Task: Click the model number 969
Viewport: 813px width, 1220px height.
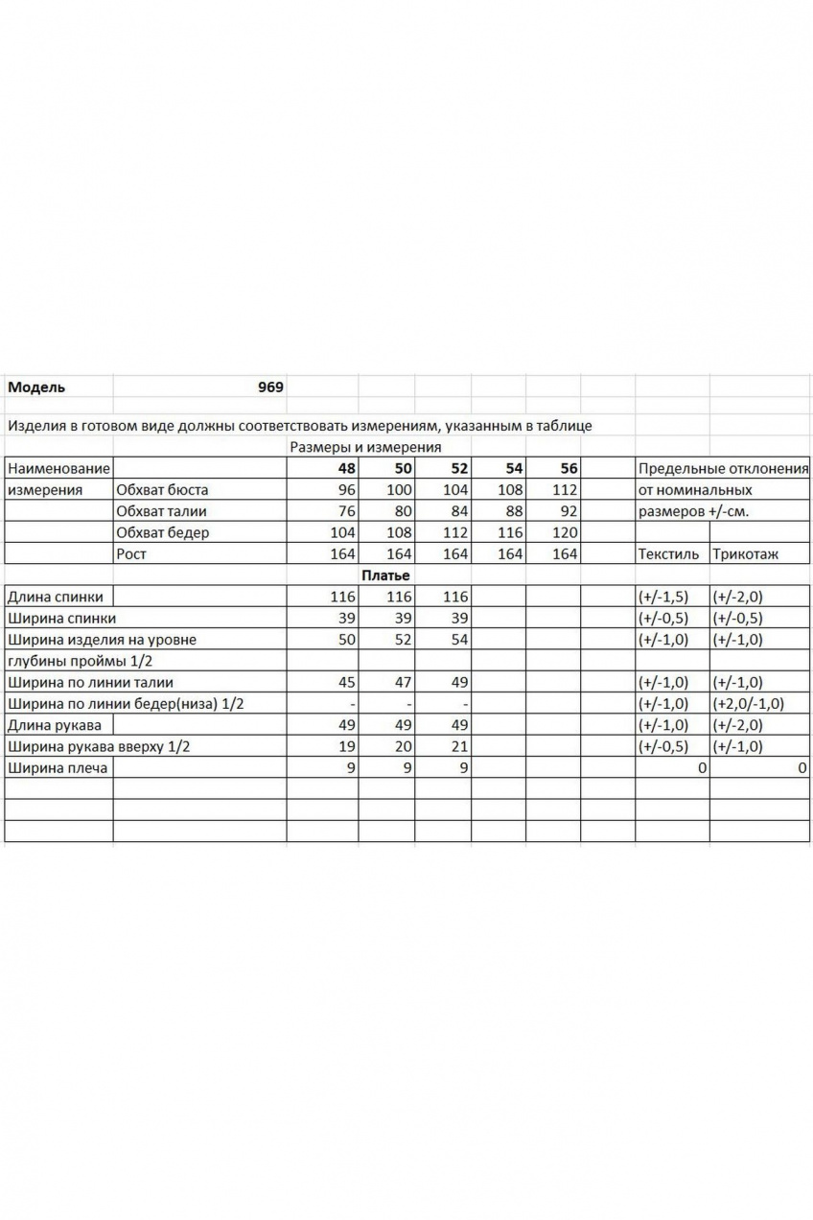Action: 270,387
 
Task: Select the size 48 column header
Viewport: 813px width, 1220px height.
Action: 345,468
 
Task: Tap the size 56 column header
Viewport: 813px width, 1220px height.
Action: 569,468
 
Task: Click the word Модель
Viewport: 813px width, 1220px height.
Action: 36,387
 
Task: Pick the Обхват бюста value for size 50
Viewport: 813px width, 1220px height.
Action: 397,489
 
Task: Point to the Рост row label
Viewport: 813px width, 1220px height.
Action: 131,553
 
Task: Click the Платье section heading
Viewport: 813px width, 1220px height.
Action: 385,575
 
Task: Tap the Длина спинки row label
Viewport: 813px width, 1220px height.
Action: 55,597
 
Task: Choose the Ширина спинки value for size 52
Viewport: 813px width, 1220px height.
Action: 458,619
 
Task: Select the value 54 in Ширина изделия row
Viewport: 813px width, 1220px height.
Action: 458,640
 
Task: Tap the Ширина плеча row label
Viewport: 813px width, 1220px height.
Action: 58,768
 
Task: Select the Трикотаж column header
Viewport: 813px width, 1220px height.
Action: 745,553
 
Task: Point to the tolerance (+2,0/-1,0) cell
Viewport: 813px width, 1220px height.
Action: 749,704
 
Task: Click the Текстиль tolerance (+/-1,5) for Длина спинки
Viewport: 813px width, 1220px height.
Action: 663,597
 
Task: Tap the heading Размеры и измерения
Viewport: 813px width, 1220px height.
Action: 364,447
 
